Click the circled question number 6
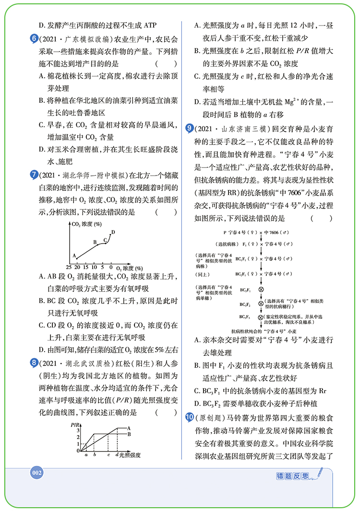tap(33, 38)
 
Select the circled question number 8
tap(33, 362)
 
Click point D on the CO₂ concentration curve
tap(113, 232)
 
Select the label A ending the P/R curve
tap(129, 427)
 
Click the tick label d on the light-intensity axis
tap(117, 454)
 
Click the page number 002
tap(37, 473)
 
